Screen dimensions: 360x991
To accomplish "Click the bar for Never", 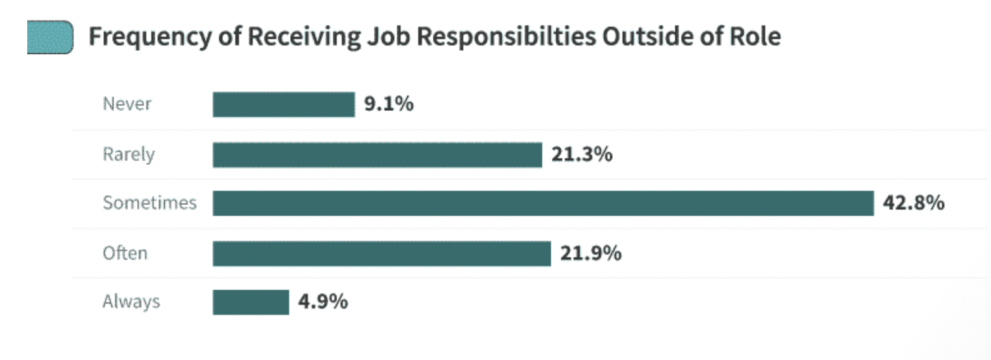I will coord(283,105).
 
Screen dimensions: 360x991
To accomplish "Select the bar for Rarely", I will coord(377,155).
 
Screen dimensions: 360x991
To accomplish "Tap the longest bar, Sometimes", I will coord(543,203).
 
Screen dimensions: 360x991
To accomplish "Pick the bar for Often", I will coord(381,254).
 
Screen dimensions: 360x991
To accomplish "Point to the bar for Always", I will coord(250,302).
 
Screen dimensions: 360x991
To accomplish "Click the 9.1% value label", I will coord(388,104).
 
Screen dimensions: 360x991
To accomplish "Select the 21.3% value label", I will coord(581,154).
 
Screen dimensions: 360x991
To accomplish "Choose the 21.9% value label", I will coord(590,254).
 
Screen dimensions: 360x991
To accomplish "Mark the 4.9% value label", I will coord(323,302).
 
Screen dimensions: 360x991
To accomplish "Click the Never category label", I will coord(127,104).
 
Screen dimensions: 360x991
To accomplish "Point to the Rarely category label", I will coord(129,155).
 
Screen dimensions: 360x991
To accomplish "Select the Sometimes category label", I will coord(150,203).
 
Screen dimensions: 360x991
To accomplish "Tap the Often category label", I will coord(125,254).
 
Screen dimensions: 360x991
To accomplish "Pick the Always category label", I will coord(131,302).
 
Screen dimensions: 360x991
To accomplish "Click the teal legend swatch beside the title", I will coord(50,37).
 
